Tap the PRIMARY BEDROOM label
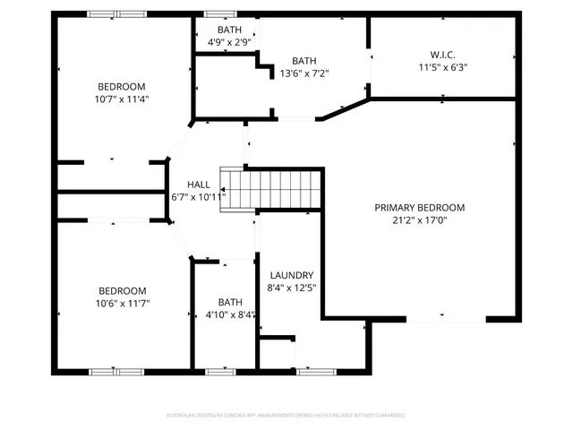click(419, 207)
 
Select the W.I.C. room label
click(443, 54)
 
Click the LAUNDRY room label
click(291, 276)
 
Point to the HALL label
click(199, 184)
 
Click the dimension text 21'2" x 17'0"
click(419, 220)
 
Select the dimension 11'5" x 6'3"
click(443, 67)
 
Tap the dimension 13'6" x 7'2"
click(305, 74)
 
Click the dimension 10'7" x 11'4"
click(124, 99)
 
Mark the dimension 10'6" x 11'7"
click(124, 303)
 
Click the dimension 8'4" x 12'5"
click(291, 288)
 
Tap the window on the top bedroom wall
click(116, 13)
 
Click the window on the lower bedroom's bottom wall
click(116, 370)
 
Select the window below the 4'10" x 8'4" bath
click(220, 370)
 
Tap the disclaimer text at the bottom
click(286, 416)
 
